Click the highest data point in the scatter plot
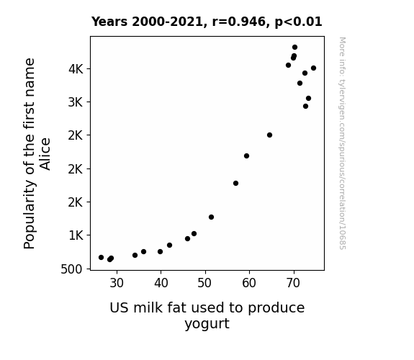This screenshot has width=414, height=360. pyautogui.click(x=294, y=48)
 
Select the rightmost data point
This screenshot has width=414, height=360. pyautogui.click(x=313, y=68)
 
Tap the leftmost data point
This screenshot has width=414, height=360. pyautogui.click(x=101, y=257)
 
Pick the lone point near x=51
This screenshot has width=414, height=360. pyautogui.click(x=211, y=217)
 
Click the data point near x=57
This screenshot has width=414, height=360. pyautogui.click(x=235, y=184)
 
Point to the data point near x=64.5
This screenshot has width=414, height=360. pyautogui.click(x=269, y=135)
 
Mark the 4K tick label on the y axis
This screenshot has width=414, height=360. pyautogui.click(x=76, y=69)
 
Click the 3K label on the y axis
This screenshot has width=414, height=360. pyautogui.click(x=76, y=102)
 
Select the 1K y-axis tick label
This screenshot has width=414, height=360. pyautogui.click(x=76, y=235)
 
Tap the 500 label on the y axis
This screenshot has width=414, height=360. pyautogui.click(x=71, y=269)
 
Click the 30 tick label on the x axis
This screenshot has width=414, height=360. pyautogui.click(x=117, y=283)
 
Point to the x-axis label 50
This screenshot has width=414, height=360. pyautogui.click(x=204, y=283)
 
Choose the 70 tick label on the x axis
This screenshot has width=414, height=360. pyautogui.click(x=293, y=283)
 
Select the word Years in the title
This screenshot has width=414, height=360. pyautogui.click(x=109, y=22)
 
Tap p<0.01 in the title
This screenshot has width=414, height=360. pyautogui.click(x=298, y=22)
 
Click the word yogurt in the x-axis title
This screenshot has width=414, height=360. pyautogui.click(x=207, y=324)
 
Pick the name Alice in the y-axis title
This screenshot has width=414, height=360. pyautogui.click(x=45, y=154)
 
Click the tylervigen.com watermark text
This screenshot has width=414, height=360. pyautogui.click(x=342, y=143)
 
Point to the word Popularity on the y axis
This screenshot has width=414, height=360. pyautogui.click(x=30, y=215)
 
